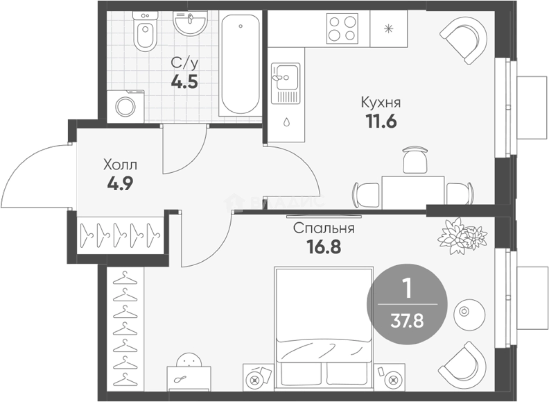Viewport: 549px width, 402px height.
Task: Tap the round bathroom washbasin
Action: tap(190, 23)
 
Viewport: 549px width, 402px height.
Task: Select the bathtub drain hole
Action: tap(240, 26)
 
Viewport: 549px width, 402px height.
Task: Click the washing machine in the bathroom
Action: tap(126, 107)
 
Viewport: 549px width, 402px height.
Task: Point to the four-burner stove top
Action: tap(342, 29)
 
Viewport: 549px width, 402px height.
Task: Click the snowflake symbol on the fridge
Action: tap(388, 29)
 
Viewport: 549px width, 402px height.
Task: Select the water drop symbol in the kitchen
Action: tap(286, 122)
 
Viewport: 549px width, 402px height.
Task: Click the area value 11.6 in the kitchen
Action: tap(381, 122)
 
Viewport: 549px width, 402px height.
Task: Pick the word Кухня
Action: tap(381, 102)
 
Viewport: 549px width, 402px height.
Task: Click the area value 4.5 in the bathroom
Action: tap(184, 82)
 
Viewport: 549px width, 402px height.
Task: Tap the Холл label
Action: tap(120, 165)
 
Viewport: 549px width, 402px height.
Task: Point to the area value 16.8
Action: tap(324, 247)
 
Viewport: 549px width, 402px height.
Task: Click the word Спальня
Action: tap(324, 228)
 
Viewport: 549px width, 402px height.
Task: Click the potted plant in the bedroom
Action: tap(462, 236)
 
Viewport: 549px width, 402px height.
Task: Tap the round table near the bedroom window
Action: tap(469, 315)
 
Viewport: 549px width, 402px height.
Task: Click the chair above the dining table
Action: tap(415, 160)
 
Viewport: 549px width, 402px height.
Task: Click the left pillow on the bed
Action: tap(301, 374)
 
